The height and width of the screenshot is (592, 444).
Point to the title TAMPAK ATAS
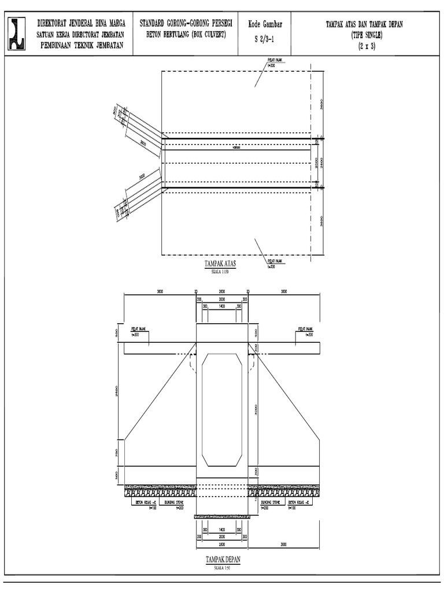(221, 264)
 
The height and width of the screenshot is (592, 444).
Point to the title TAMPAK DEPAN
(223, 560)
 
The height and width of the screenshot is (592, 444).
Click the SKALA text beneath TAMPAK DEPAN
(223, 567)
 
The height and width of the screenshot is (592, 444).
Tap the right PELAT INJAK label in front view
(305, 330)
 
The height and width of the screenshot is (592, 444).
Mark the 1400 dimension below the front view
(222, 529)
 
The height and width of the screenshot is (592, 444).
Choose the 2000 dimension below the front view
(222, 536)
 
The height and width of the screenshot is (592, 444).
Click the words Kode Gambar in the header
(264, 24)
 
